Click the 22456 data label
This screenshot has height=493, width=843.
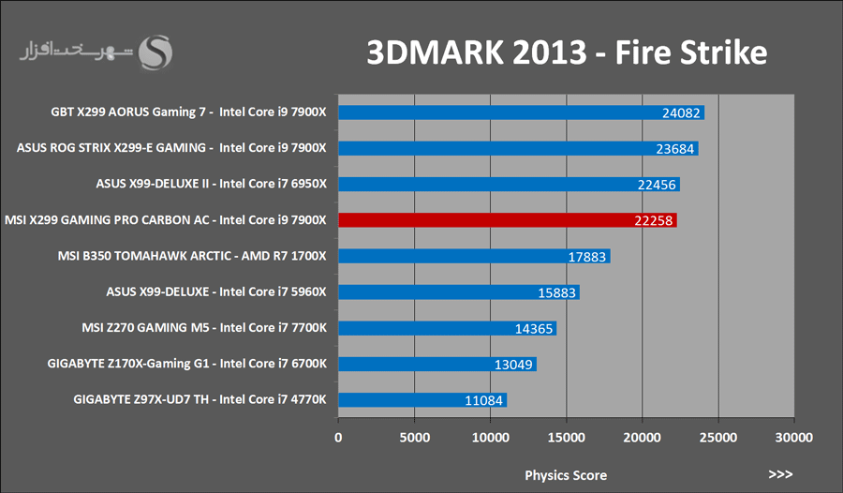coord(657,185)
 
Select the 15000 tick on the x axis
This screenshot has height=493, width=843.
coord(565,438)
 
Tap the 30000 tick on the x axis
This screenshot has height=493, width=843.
coord(793,438)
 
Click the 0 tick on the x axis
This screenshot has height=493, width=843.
coord(338,438)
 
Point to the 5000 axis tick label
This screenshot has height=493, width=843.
coord(414,438)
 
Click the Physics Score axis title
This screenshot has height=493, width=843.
coord(565,474)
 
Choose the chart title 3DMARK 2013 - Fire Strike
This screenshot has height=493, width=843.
coord(567,52)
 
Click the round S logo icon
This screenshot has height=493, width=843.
coord(155,52)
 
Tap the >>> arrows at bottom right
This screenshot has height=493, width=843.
coord(780,474)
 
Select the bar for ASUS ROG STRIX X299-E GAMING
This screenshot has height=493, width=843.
coord(515,148)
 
